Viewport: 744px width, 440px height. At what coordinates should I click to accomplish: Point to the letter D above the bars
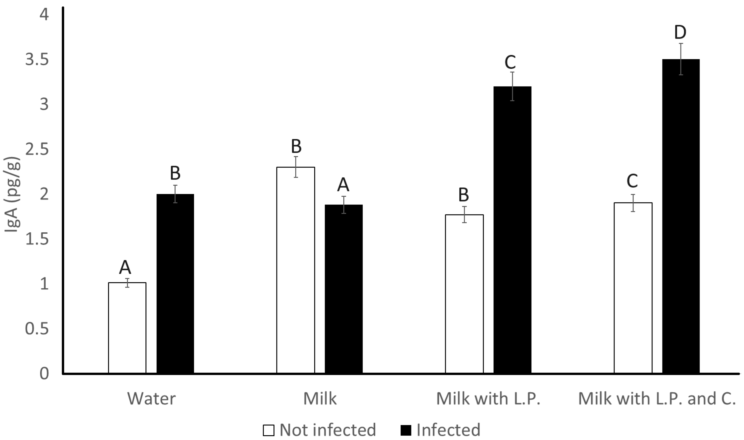click(680, 33)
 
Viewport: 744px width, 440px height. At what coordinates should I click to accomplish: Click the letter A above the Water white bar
click(125, 267)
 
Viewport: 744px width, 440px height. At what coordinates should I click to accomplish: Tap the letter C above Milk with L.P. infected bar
click(510, 62)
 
